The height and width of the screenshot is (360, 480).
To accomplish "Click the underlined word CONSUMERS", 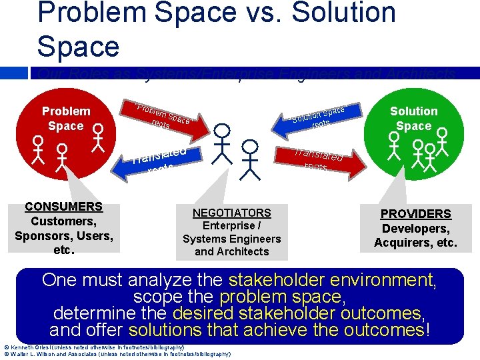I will (x=63, y=207).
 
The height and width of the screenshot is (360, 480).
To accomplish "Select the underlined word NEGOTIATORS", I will (x=231, y=213).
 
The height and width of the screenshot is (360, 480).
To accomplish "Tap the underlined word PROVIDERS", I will (x=415, y=214).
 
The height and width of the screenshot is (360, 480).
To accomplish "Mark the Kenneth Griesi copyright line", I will (x=93, y=347).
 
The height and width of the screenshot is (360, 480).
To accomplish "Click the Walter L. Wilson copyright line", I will (x=117, y=354).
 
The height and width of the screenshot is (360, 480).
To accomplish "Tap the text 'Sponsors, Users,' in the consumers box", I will (x=63, y=236).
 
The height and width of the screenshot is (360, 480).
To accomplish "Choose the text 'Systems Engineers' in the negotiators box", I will (x=231, y=239).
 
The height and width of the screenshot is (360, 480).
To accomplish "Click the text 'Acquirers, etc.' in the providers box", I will (x=415, y=243).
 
